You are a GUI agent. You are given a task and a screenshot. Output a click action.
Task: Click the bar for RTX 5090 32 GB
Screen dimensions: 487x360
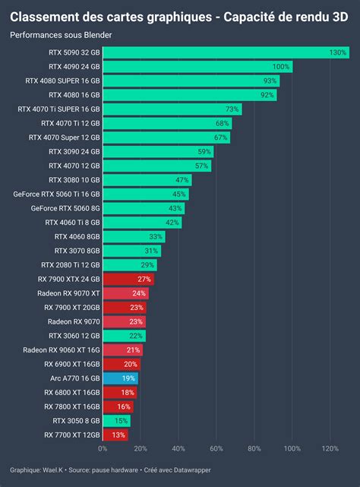pyautogui.click(x=225, y=52)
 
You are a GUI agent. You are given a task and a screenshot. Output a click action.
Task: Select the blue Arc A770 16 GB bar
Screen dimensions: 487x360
pyautogui.click(x=120, y=378)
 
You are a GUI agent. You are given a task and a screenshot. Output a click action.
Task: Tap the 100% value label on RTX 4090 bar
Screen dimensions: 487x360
pyautogui.click(x=281, y=67)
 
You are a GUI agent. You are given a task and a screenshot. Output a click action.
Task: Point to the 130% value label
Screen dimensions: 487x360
pyautogui.click(x=338, y=52)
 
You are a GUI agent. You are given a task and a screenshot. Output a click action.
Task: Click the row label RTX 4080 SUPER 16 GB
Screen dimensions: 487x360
pyautogui.click(x=62, y=81)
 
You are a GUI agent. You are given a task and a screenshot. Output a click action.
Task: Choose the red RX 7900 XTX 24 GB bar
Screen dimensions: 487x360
pyautogui.click(x=128, y=279)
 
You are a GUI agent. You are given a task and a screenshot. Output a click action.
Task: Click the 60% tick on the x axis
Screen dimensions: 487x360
pyautogui.click(x=216, y=448)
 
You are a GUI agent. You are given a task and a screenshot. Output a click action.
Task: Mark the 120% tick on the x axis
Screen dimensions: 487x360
pyautogui.click(x=330, y=448)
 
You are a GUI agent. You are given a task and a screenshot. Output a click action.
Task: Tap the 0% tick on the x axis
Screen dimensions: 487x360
pyautogui.click(x=103, y=448)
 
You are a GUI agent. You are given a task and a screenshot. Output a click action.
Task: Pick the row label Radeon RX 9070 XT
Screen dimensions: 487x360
pyautogui.click(x=64, y=293)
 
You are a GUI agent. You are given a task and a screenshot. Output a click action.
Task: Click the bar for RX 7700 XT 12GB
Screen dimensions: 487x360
pyautogui.click(x=115, y=435)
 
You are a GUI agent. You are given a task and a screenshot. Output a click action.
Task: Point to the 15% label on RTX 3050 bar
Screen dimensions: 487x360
pyautogui.click(x=122, y=421)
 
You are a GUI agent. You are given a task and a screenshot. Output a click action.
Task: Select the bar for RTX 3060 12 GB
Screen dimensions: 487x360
pyautogui.click(x=123, y=336)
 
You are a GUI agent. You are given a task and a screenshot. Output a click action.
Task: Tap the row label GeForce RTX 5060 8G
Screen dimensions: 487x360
pyautogui.click(x=65, y=208)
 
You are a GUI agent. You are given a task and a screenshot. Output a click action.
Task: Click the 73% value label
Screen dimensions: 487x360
pyautogui.click(x=232, y=109)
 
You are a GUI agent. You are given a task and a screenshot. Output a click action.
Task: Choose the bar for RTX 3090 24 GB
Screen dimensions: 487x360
pyautogui.click(x=158, y=151)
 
